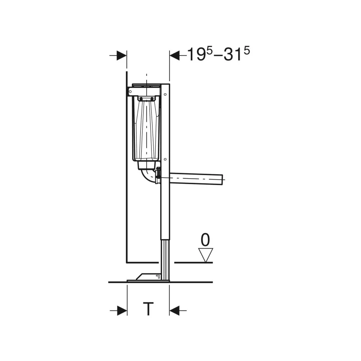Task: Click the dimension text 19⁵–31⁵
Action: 218,54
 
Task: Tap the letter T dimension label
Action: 148,309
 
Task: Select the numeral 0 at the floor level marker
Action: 205,240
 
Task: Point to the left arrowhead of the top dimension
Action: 121,56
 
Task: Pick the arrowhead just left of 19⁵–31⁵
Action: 175,56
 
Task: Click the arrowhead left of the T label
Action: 122,310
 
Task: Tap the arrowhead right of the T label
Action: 174,310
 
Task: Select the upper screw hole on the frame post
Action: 165,94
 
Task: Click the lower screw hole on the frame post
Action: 165,159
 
